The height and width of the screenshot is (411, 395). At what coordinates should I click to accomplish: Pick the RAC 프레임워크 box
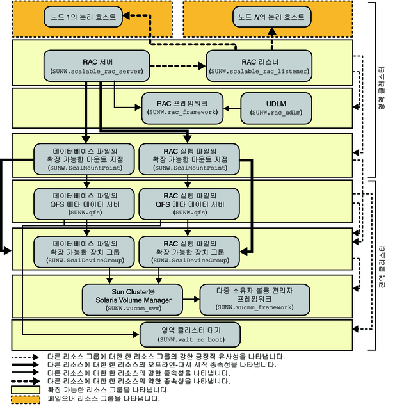182,106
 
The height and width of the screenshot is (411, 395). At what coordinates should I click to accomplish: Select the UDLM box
276,106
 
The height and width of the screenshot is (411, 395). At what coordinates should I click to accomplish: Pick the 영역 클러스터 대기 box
190,333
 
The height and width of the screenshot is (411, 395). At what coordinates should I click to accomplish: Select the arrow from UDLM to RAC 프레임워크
232,106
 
